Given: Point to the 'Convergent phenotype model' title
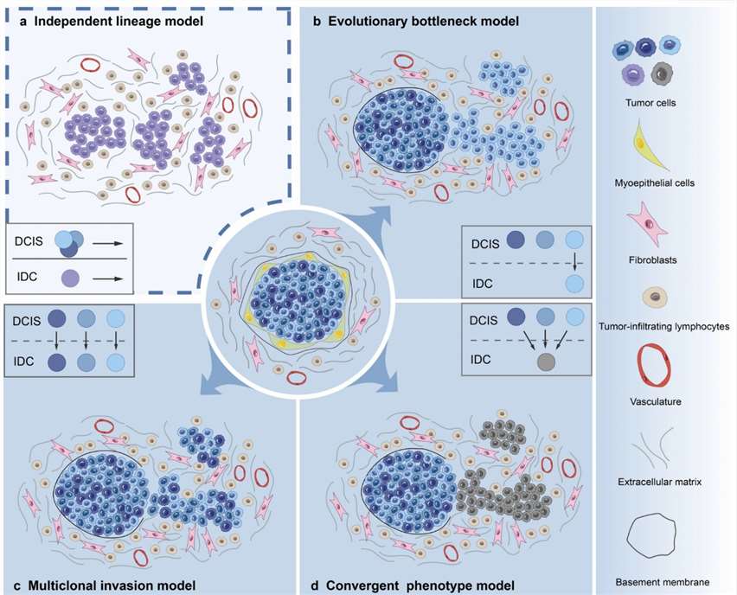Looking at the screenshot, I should point(411,584).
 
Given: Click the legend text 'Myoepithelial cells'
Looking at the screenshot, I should point(666,183).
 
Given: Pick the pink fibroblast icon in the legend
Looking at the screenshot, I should point(666,226).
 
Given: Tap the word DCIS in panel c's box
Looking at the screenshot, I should point(28,318).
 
